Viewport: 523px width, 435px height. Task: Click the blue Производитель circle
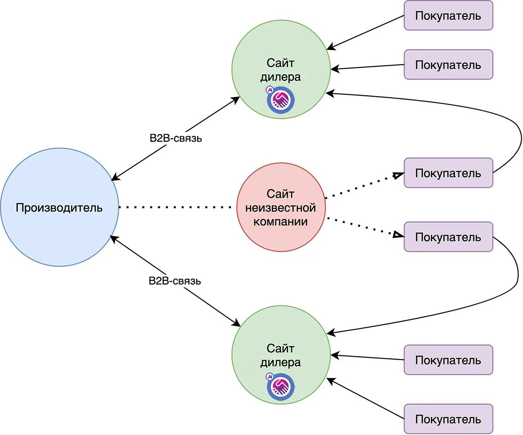[60, 207]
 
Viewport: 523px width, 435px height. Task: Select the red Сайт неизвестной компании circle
[281, 207]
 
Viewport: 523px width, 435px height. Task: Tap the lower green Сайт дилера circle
[281, 355]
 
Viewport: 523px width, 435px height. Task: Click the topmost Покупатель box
[448, 16]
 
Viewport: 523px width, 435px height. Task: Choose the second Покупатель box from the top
[448, 64]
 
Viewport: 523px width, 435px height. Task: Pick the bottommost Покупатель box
[448, 419]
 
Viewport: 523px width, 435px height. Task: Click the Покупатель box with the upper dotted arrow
[448, 173]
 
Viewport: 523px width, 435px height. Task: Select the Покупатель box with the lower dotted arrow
[448, 237]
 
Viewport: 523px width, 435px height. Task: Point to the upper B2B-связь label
[176, 138]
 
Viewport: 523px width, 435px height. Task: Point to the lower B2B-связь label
[175, 281]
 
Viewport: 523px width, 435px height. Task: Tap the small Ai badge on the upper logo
[269, 90]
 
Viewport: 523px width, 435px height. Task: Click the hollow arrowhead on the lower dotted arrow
[398, 235]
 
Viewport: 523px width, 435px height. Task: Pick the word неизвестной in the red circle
[281, 208]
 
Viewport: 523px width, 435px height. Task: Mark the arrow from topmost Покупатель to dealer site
[366, 33]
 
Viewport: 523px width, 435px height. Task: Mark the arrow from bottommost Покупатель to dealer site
[366, 398]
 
